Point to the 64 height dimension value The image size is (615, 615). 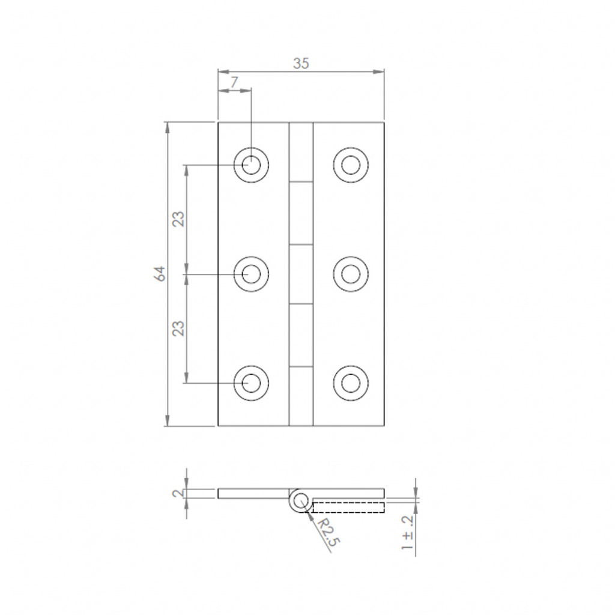pyautogui.click(x=159, y=274)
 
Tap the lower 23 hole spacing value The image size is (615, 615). pyautogui.click(x=178, y=328)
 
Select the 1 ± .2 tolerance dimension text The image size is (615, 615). pyautogui.click(x=408, y=533)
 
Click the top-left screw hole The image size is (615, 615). pyautogui.click(x=251, y=163)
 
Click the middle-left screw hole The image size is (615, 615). pyautogui.click(x=251, y=274)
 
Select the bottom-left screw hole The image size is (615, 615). pyautogui.click(x=251, y=382)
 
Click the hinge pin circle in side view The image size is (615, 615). pyautogui.click(x=299, y=501)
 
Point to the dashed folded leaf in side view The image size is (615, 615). pyautogui.click(x=348, y=507)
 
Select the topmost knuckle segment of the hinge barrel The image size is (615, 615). pyautogui.click(x=301, y=152)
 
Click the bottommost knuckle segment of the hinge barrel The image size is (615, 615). pyautogui.click(x=301, y=396)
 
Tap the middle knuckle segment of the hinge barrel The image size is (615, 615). pyautogui.click(x=301, y=274)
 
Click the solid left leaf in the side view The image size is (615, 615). pyautogui.click(x=252, y=494)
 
